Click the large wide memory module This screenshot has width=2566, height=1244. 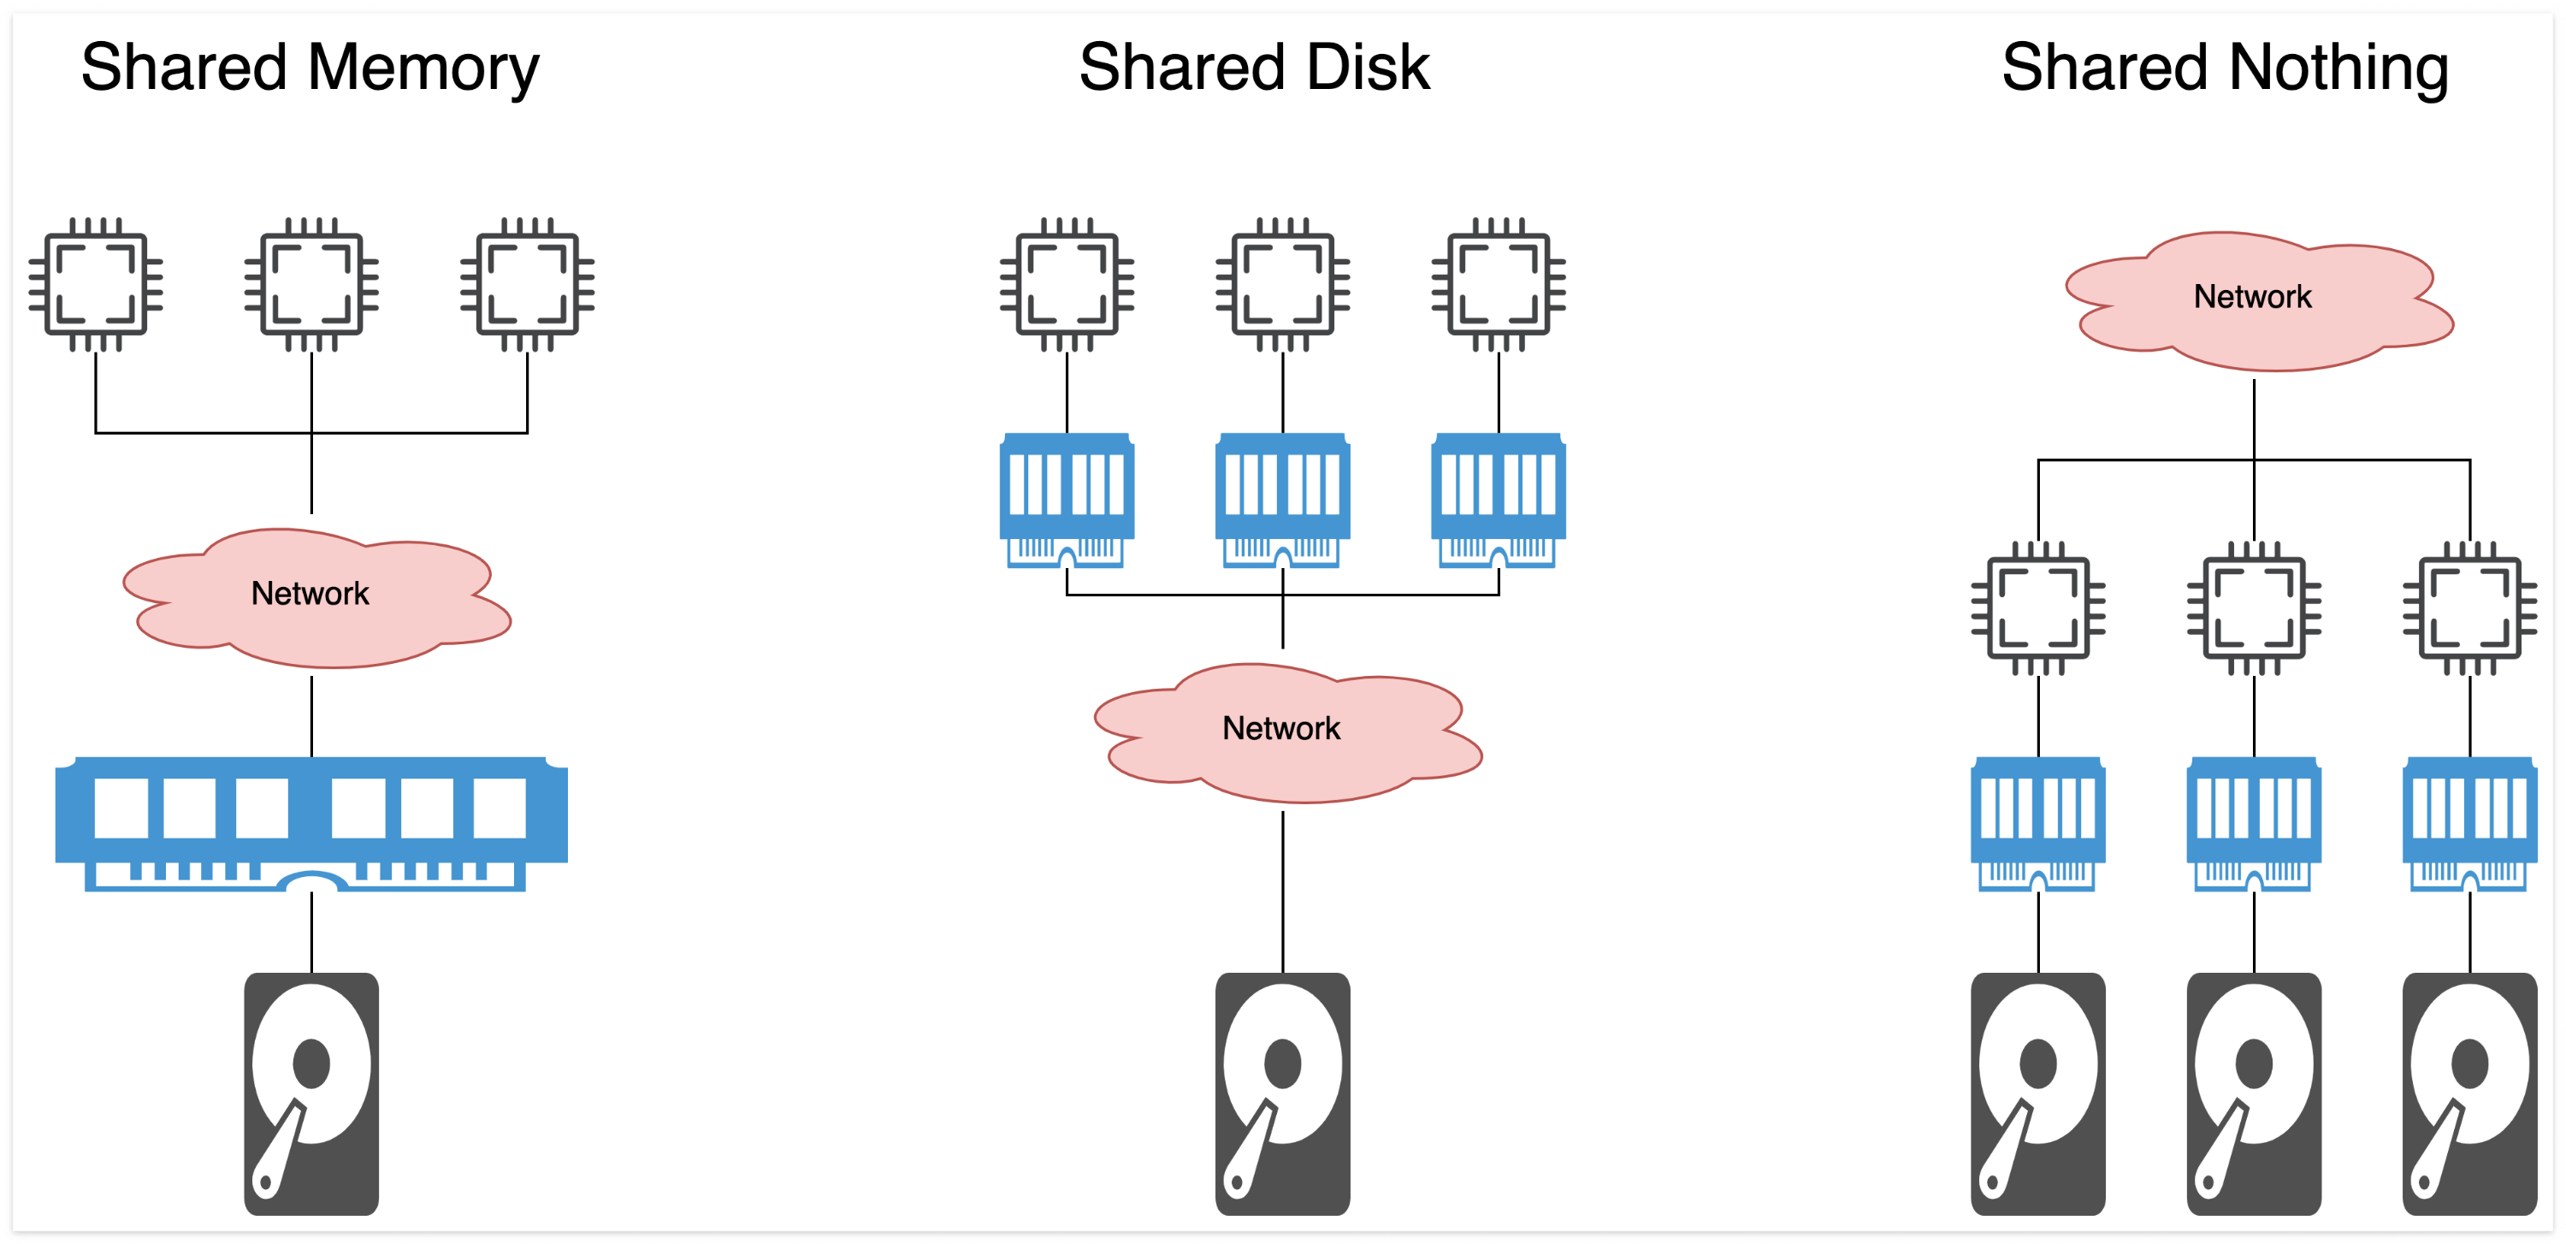tap(310, 823)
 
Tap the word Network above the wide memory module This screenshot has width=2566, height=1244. tap(310, 594)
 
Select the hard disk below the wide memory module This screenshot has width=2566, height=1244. tap(310, 1093)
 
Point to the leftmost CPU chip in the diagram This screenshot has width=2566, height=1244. tap(96, 285)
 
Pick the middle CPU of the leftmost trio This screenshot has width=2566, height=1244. tap(310, 285)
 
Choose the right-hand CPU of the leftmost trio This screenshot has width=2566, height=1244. tap(527, 285)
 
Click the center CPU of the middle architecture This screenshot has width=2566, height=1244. tap(1282, 285)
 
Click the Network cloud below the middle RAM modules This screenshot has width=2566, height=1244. tap(1283, 729)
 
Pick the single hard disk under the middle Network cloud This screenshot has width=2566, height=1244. tap(1282, 1093)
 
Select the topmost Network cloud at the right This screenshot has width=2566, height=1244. tap(2253, 297)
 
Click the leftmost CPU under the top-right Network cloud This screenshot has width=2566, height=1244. tap(2038, 608)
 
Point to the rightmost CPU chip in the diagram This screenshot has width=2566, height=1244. tap(2469, 608)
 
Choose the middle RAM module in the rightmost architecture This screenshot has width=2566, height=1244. tap(2253, 824)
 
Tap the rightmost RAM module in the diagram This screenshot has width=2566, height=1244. tap(2469, 824)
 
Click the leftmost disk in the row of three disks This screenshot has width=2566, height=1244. tap(2038, 1093)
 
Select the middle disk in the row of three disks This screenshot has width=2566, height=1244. tap(2253, 1093)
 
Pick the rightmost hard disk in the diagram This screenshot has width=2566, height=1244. tap(2469, 1093)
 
